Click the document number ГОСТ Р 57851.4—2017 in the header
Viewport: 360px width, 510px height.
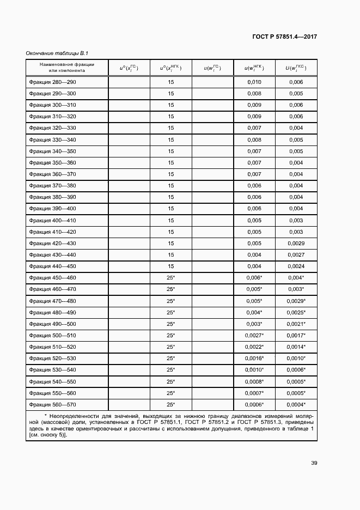(x=285, y=37)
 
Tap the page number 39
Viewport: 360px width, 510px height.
(x=314, y=463)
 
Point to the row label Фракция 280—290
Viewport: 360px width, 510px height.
(x=52, y=82)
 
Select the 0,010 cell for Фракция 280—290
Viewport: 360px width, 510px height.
(x=254, y=82)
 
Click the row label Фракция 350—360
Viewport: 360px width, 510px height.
(x=52, y=162)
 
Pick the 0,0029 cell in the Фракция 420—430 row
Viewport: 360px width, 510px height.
(x=296, y=243)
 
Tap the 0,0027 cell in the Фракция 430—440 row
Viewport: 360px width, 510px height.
(x=296, y=254)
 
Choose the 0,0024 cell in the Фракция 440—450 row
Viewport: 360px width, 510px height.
(x=296, y=266)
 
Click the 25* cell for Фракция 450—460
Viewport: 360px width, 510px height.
(x=170, y=277)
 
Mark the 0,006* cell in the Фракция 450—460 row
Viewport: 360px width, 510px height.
(x=254, y=277)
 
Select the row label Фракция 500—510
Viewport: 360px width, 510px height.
(x=52, y=335)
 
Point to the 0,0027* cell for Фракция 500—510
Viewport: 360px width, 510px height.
(x=254, y=335)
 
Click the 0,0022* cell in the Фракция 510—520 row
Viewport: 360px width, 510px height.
(x=254, y=347)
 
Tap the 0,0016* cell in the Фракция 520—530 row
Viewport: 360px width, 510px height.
(x=254, y=358)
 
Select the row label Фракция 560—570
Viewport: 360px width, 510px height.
(x=52, y=404)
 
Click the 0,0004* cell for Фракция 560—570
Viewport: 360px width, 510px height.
(x=296, y=404)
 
